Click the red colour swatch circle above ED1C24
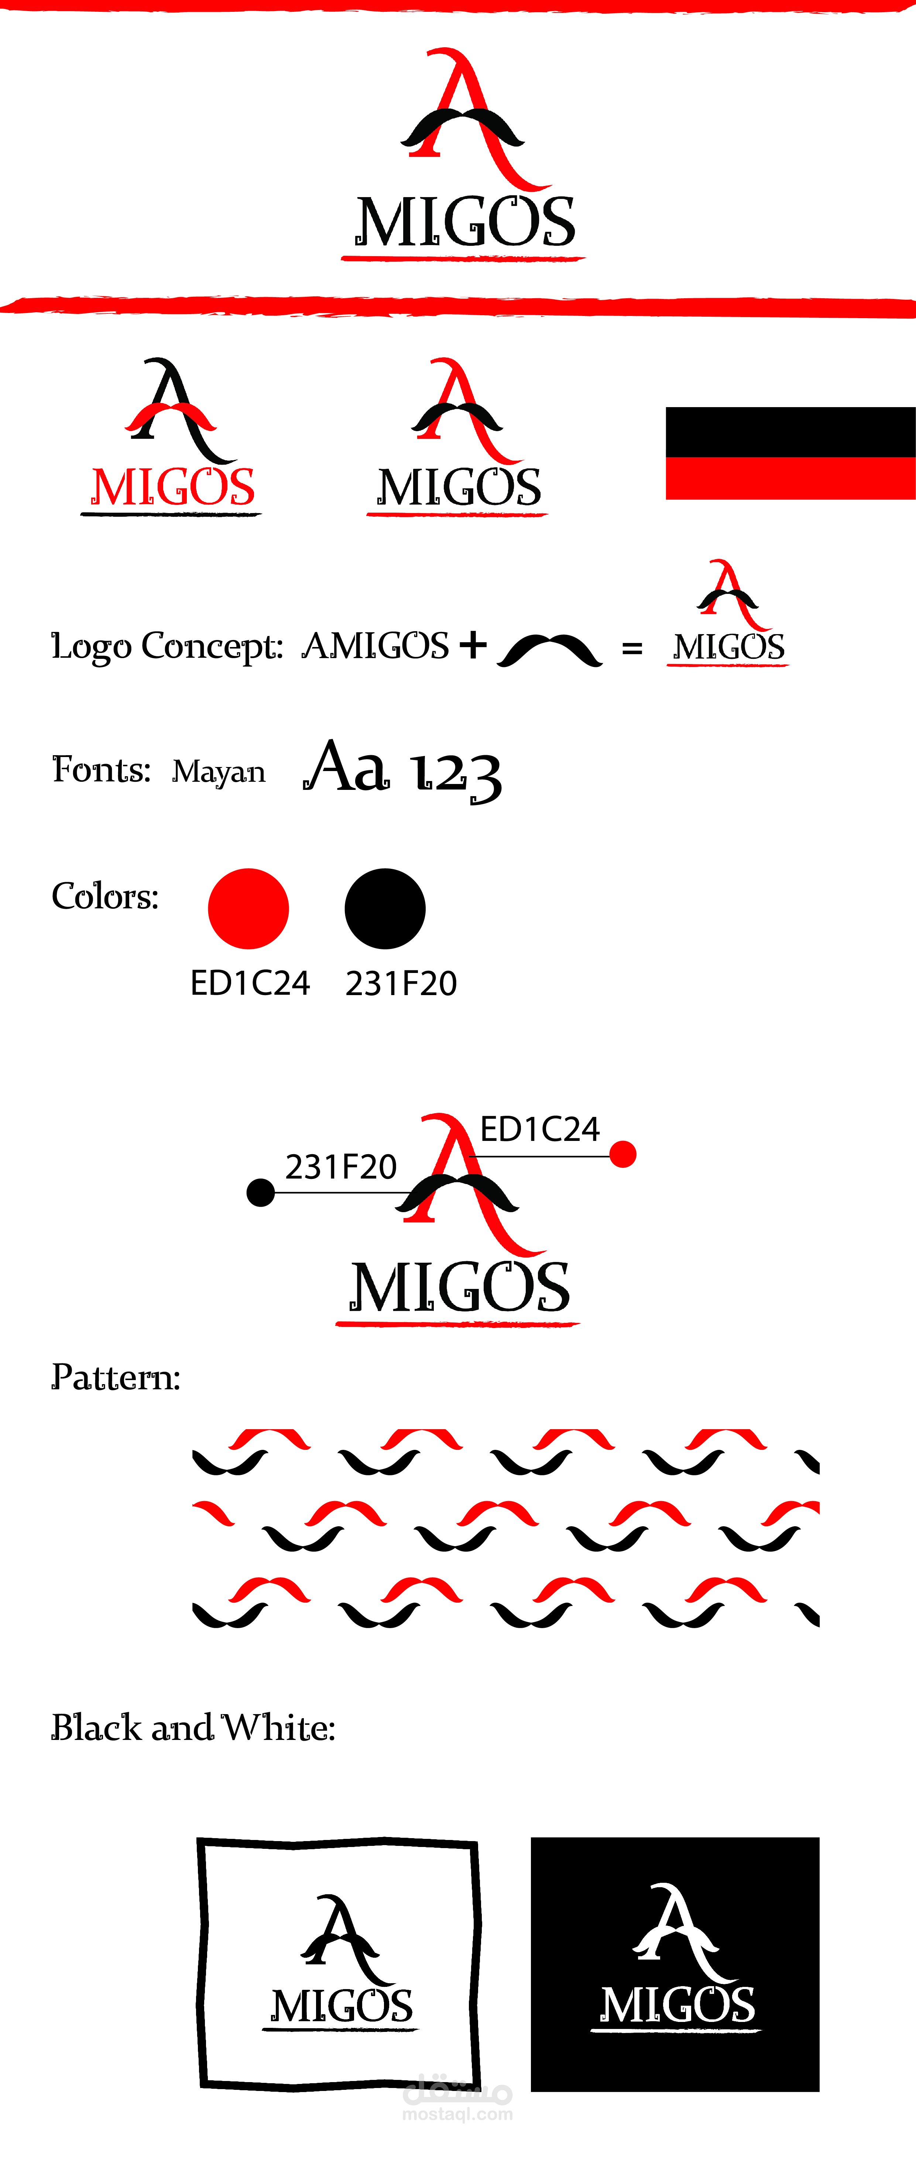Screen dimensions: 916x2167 pyautogui.click(x=248, y=908)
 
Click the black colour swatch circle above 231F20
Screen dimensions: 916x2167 pyautogui.click(x=385, y=908)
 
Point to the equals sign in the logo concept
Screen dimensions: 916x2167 pyautogui.click(x=632, y=649)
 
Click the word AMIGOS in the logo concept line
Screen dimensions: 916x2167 pyautogui.click(x=375, y=646)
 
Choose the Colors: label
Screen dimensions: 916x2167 pyautogui.click(x=105, y=896)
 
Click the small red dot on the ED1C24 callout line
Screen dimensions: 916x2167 pyautogui.click(x=622, y=1154)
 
